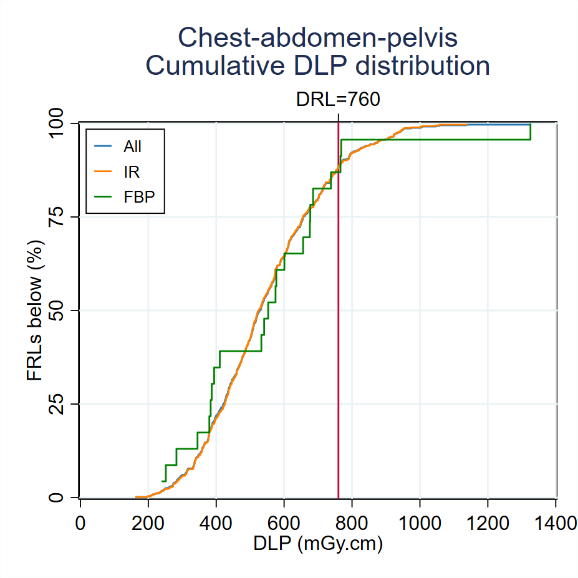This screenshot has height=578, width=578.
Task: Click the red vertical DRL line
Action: [338, 312]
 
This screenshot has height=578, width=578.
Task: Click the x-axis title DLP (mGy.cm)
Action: [317, 544]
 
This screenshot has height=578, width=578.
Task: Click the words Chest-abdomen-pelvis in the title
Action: [317, 38]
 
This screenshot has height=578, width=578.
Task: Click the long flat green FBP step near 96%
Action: [436, 139]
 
